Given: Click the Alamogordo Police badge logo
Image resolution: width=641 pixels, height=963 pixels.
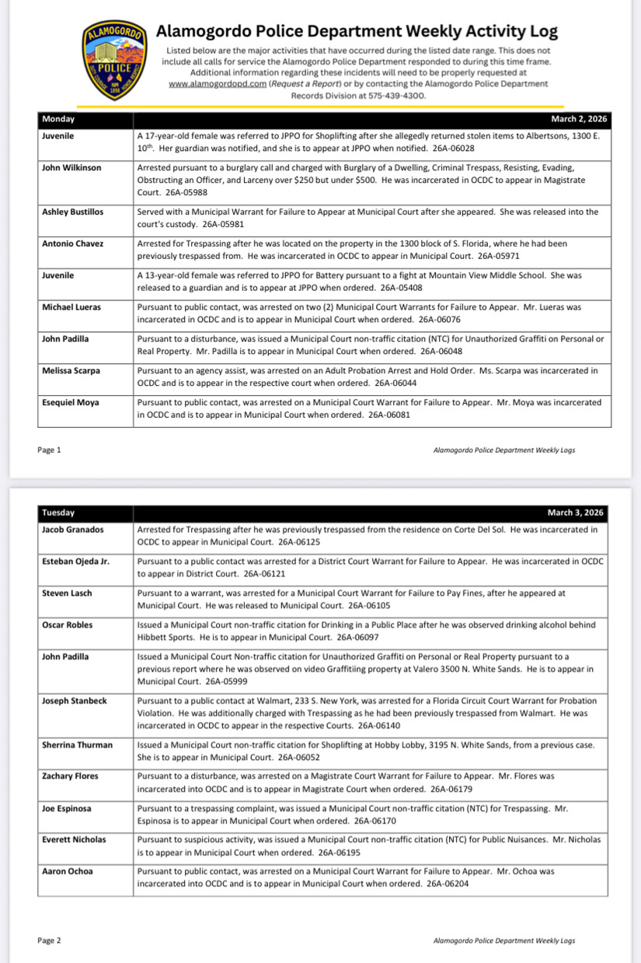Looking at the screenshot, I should (x=115, y=60).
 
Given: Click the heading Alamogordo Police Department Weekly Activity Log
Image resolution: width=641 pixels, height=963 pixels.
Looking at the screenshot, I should (x=357, y=32).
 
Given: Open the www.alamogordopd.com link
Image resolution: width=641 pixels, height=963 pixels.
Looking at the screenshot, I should (x=217, y=84).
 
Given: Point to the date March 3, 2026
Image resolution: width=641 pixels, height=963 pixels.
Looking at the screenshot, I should (x=575, y=513).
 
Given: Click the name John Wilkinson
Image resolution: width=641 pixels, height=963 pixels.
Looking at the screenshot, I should (x=71, y=167).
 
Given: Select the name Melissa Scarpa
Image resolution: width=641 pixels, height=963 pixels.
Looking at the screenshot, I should (x=72, y=371).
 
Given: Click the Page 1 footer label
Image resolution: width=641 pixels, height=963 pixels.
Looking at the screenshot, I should (x=48, y=450).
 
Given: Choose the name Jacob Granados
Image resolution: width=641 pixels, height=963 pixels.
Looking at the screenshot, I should (x=72, y=530).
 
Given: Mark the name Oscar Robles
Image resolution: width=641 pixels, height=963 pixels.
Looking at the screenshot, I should (x=67, y=625).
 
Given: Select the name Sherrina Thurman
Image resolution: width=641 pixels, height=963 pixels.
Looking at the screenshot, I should (x=77, y=745).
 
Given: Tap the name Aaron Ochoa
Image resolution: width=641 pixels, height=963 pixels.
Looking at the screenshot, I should (x=67, y=871).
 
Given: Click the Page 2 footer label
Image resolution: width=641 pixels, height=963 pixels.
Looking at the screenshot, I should (x=48, y=940).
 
